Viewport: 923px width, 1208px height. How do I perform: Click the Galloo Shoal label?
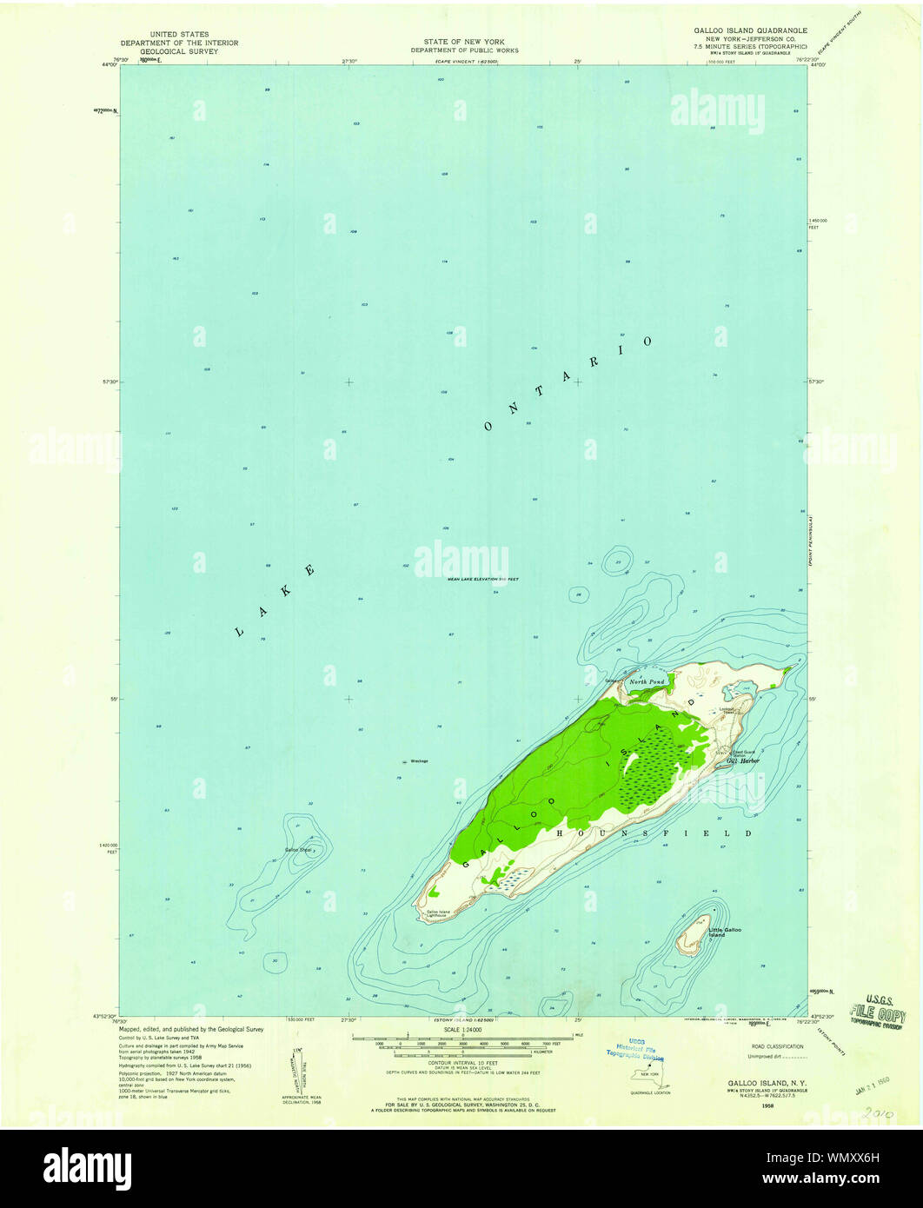point(297,849)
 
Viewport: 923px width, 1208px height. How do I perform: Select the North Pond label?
point(647,682)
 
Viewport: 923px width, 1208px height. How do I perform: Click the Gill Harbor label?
point(744,761)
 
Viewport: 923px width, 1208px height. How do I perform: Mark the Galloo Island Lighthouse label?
point(438,914)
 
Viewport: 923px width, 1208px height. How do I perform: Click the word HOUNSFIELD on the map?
point(655,833)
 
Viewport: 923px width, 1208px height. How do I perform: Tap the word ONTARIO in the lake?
point(566,382)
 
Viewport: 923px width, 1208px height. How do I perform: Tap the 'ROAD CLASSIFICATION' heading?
point(778,1046)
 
